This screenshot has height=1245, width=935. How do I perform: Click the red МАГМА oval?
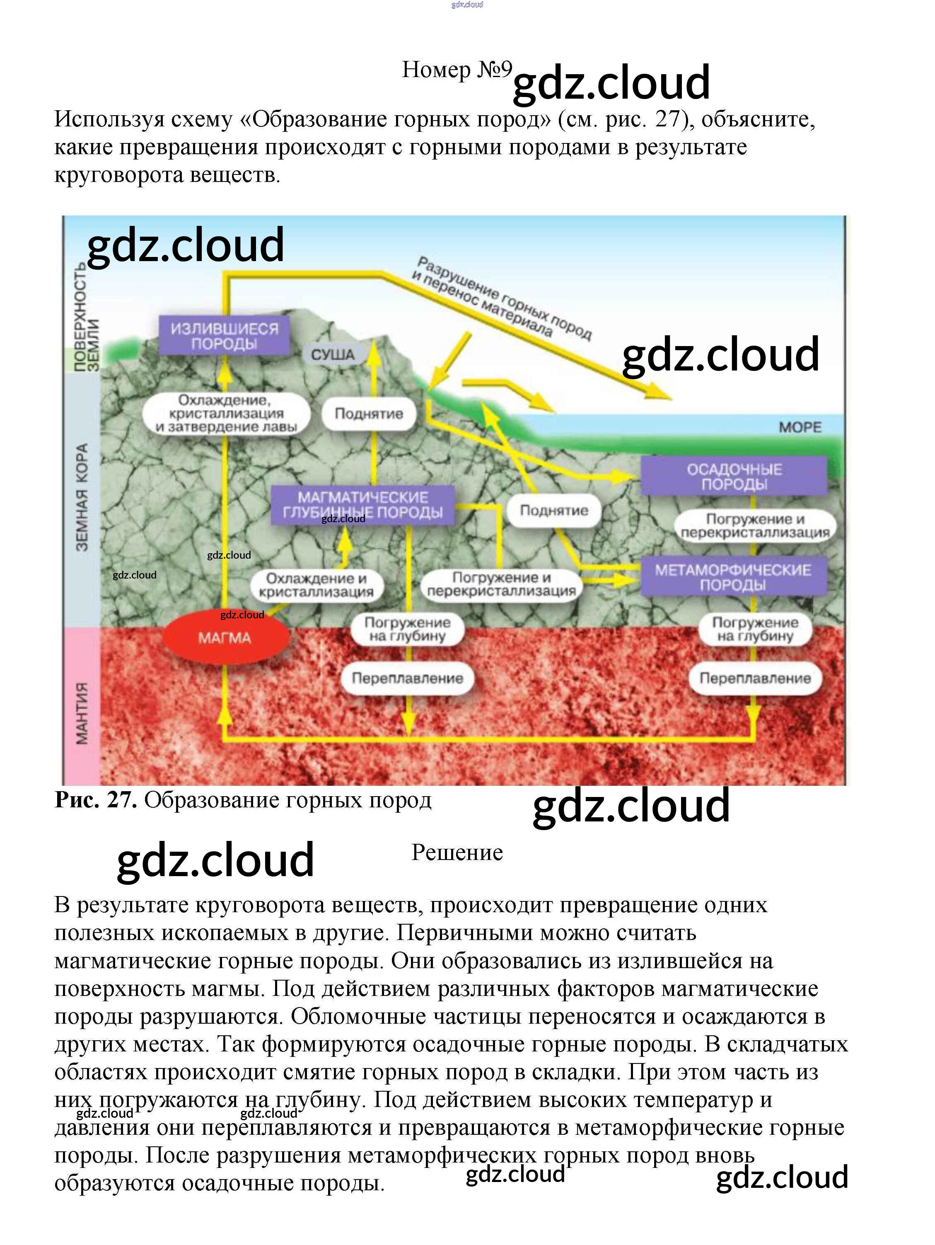click(225, 638)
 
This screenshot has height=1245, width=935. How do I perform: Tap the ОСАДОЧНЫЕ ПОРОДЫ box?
click(734, 476)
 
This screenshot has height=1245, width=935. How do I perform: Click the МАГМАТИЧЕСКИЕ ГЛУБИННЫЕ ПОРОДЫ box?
click(362, 505)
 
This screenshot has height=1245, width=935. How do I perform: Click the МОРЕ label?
click(800, 427)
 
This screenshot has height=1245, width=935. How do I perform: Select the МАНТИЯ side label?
click(82, 713)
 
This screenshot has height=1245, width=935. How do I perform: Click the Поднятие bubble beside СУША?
click(369, 414)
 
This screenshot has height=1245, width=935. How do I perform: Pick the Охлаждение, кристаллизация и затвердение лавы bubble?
click(226, 413)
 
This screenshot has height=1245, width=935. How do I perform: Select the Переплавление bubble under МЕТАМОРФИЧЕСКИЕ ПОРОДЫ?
click(754, 678)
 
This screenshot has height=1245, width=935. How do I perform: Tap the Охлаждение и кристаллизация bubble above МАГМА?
click(316, 585)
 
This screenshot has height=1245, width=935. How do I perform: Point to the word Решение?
click(457, 853)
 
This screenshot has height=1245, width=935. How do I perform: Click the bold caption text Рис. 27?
click(96, 800)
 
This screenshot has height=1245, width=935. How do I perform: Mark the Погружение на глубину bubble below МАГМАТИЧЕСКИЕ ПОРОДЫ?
click(407, 629)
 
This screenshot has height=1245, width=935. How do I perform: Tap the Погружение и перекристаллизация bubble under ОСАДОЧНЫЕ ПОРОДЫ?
click(755, 525)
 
